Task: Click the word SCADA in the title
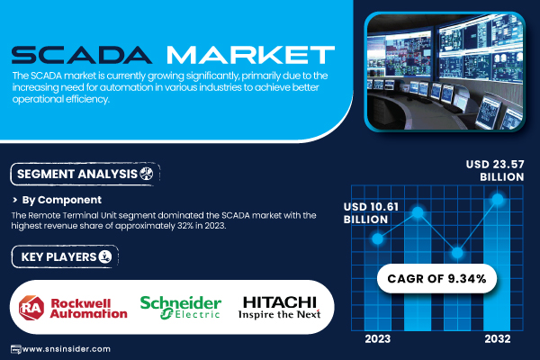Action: (x=82, y=55)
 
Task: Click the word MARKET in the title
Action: (x=251, y=55)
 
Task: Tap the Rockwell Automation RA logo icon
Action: (x=31, y=308)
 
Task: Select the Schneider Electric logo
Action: (x=181, y=307)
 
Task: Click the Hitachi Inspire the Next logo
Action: (x=279, y=307)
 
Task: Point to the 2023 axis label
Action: (x=378, y=339)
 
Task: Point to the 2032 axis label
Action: (x=498, y=339)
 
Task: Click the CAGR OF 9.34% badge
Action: (x=436, y=278)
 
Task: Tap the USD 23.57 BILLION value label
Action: (x=495, y=170)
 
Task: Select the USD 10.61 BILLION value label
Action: (x=371, y=213)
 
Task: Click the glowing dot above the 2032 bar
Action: (x=498, y=199)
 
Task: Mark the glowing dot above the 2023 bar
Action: (x=378, y=238)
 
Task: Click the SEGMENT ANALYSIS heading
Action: (x=77, y=174)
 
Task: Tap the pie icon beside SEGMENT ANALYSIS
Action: (x=147, y=174)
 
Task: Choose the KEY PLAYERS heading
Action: (x=58, y=257)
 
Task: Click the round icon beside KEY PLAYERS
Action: (x=105, y=256)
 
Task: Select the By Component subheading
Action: (x=61, y=200)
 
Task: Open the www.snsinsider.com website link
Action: (x=66, y=349)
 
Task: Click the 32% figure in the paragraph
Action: (x=184, y=226)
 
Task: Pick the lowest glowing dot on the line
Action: (x=457, y=253)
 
